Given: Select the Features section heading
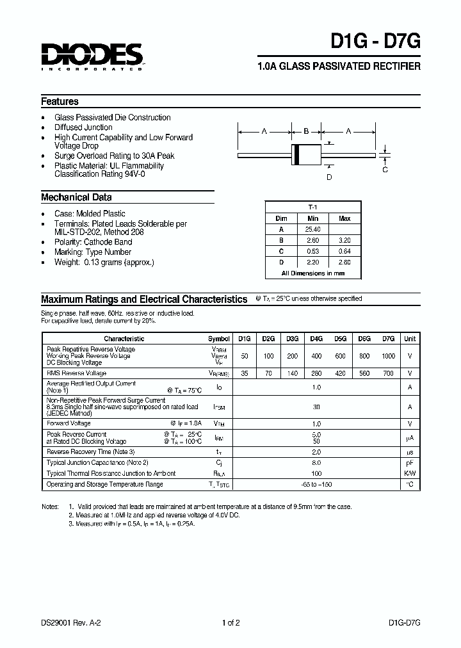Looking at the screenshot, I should click(x=60, y=101).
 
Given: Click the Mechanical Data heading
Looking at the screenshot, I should click(x=76, y=197).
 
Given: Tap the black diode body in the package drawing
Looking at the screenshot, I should click(x=306, y=155).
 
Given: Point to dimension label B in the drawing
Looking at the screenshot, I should click(x=306, y=131).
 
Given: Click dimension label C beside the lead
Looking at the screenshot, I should click(x=385, y=170).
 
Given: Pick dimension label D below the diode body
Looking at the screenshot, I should click(x=329, y=177).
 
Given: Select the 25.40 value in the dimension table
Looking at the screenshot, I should click(x=313, y=229).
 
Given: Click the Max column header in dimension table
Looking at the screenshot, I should click(x=344, y=218).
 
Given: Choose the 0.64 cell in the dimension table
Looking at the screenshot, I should click(x=344, y=251).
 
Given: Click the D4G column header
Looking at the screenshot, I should click(x=316, y=339).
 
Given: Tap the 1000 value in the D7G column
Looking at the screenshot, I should click(x=388, y=355).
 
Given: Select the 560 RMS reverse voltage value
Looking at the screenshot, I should click(x=364, y=373).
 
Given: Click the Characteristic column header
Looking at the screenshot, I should click(x=124, y=339).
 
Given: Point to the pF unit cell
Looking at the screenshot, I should click(x=410, y=462).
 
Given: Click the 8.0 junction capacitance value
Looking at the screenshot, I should click(x=316, y=462).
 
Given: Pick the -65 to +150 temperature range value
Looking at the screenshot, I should click(x=316, y=485).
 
